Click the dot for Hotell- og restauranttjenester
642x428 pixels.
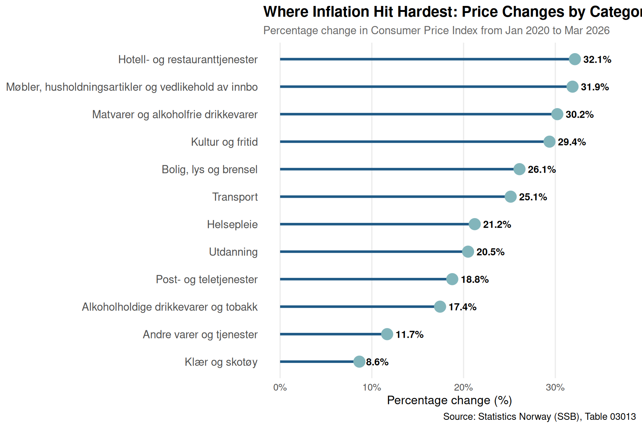575,59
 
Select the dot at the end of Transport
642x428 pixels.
510,197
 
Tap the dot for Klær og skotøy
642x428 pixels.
359,361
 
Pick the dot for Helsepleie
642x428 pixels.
474,224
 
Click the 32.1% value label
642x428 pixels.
597,59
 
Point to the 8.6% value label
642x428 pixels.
377,362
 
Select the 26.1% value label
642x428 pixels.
542,169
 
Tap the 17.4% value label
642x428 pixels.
462,307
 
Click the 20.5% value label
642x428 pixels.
490,252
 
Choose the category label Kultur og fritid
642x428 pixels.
224,142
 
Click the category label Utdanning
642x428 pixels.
233,252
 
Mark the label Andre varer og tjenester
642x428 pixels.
200,334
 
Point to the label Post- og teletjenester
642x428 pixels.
207,279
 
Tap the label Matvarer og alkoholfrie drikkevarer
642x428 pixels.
175,114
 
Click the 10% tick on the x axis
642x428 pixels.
372,388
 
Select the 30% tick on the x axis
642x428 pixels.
555,388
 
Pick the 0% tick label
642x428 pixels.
280,388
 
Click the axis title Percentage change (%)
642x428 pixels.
450,400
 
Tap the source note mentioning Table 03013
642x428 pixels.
539,416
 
